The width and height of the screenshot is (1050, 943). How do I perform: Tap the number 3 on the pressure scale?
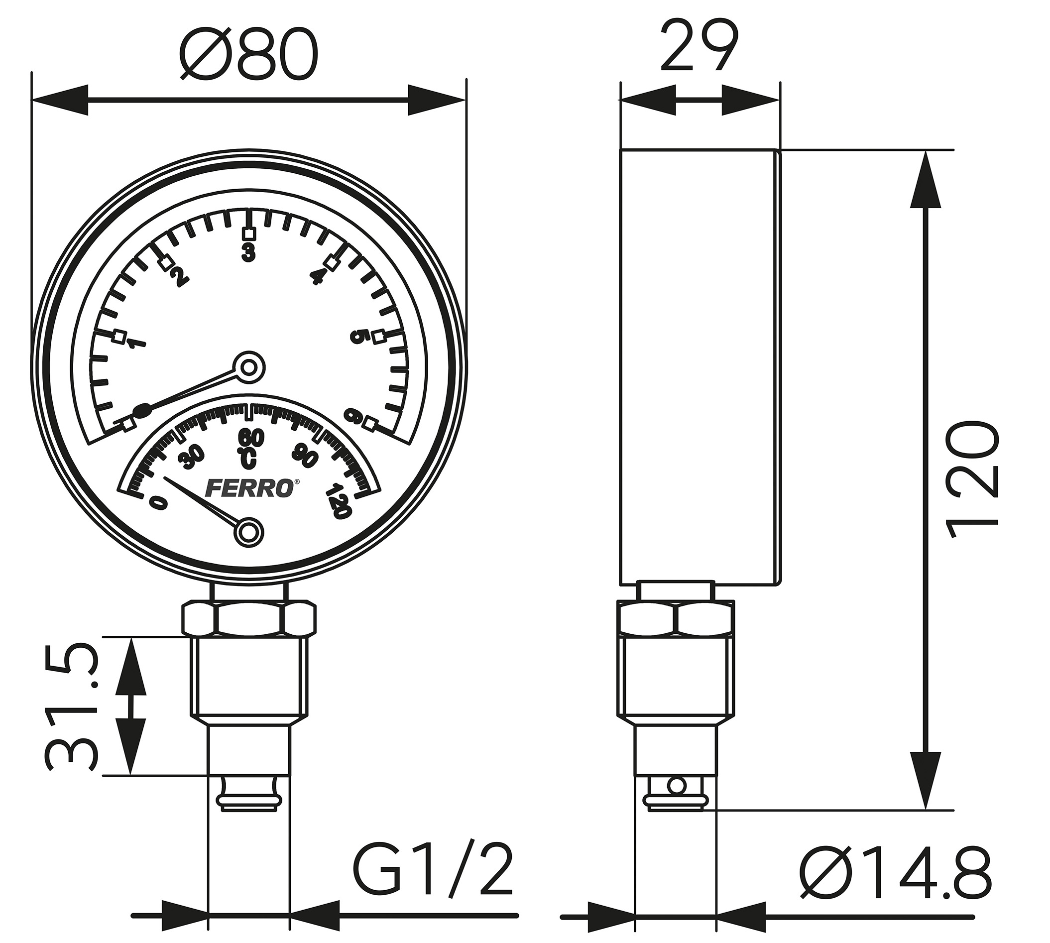pos(249,252)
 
